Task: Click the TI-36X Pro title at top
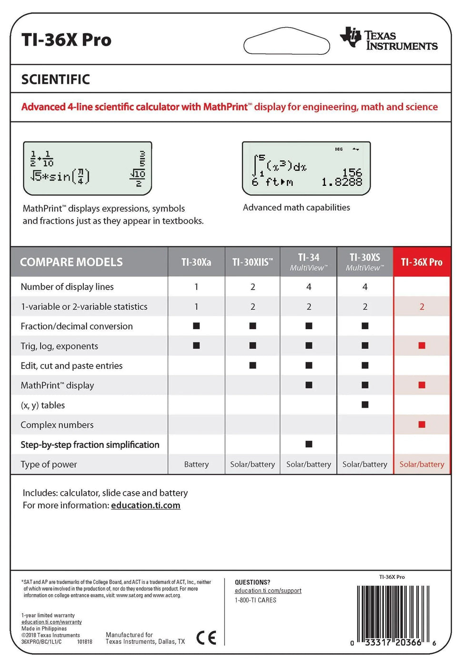66,40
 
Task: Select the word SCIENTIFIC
55,80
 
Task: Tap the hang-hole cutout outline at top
286,41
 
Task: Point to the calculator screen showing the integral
306,169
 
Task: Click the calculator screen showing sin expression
88,169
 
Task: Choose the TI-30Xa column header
196,262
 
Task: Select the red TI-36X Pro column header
422,262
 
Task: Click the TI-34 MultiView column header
309,262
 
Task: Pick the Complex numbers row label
57,425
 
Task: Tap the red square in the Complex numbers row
422,424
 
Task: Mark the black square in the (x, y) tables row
365,405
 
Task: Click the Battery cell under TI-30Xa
196,465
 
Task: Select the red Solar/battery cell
422,465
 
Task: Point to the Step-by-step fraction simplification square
309,444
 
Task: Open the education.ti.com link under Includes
146,505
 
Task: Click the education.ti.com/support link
268,591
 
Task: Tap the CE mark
206,637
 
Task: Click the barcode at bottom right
393,615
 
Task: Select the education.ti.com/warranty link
51,622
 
